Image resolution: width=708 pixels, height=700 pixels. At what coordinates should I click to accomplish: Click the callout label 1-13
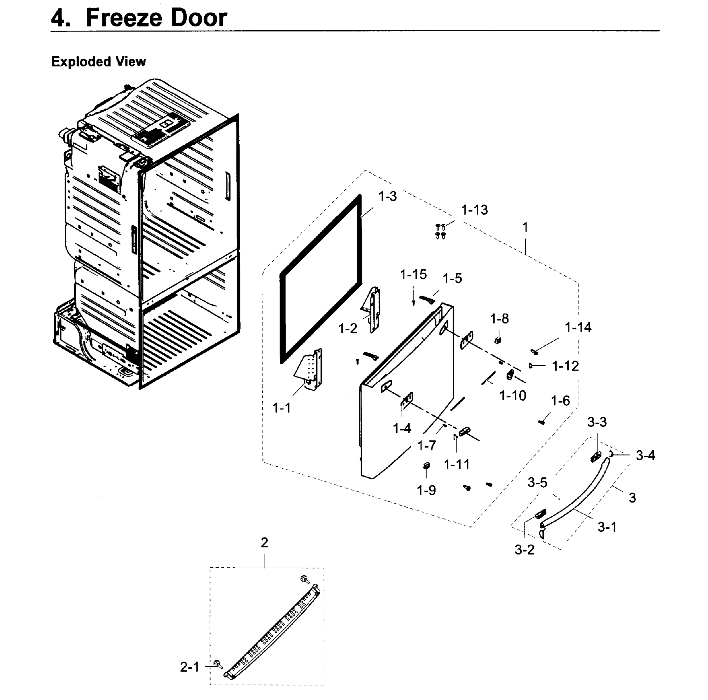(474, 210)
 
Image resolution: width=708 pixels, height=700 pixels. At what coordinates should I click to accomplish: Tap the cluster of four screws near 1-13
(440, 231)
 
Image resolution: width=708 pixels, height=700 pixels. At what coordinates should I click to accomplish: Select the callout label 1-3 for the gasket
(387, 197)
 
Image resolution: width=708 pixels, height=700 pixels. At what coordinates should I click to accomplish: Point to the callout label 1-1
(282, 408)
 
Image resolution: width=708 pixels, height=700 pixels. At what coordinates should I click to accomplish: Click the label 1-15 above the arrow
(413, 274)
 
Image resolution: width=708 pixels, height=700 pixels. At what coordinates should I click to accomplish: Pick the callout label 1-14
(578, 327)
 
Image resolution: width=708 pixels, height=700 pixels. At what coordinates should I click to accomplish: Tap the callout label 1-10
(513, 395)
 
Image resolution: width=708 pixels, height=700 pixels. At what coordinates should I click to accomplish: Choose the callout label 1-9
(426, 490)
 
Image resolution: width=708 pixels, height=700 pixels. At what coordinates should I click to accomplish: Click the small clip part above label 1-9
(426, 466)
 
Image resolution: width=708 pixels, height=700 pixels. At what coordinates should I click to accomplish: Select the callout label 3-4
(645, 455)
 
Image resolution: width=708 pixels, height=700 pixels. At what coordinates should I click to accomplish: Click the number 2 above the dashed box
(264, 542)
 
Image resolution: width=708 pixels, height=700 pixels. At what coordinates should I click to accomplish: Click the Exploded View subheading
(99, 62)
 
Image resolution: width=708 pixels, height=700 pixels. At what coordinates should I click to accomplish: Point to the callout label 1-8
(499, 319)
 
